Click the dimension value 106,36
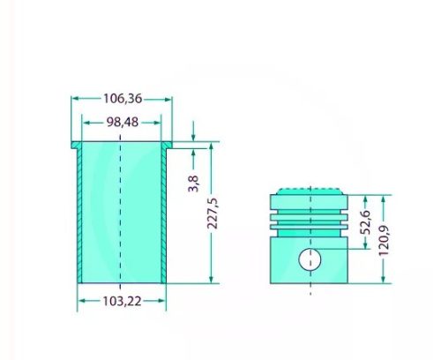point(121,99)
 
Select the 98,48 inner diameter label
point(121,121)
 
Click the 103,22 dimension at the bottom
point(122,302)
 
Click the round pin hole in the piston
point(309,259)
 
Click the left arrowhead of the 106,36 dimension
point(74,99)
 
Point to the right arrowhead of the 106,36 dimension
point(168,99)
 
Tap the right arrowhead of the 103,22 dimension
point(162,302)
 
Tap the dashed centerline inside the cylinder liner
point(121,212)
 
